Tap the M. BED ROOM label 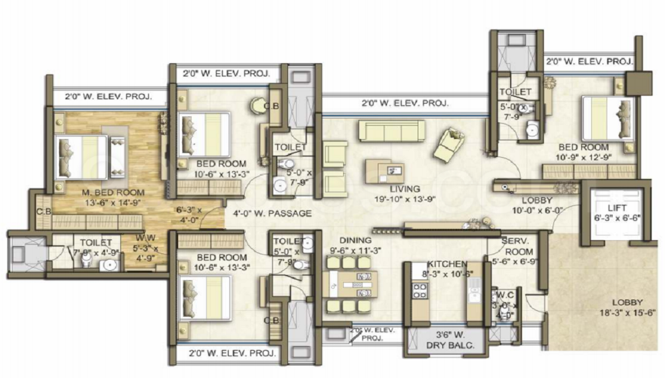point(114,192)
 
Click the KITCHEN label point(447,264)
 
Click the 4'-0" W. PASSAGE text point(272,214)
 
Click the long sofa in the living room point(392,130)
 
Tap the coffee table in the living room point(384,171)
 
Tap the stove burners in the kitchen point(420,291)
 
